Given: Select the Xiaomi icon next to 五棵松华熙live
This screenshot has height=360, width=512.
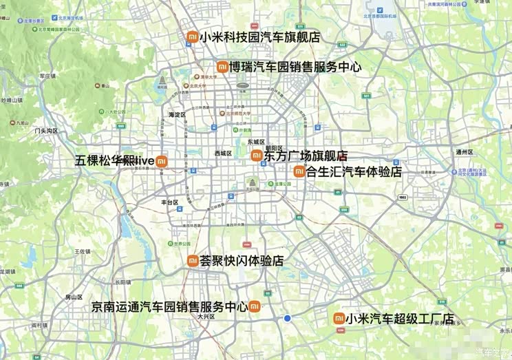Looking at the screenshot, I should pyautogui.click(x=161, y=161).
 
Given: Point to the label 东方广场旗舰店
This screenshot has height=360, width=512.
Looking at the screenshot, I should pyautogui.click(x=306, y=156).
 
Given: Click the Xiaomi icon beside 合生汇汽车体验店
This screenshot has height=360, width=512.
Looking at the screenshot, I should pyautogui.click(x=299, y=171).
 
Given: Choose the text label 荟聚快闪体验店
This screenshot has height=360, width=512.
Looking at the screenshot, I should pyautogui.click(x=242, y=261).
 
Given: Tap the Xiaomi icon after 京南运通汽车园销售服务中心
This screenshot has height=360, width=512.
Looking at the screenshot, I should pyautogui.click(x=254, y=306).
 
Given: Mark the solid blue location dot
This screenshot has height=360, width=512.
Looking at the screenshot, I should pyautogui.click(x=288, y=318).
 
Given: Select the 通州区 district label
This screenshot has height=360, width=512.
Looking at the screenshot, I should pyautogui.click(x=465, y=152).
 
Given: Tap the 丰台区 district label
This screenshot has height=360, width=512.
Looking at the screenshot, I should pyautogui.click(x=169, y=202).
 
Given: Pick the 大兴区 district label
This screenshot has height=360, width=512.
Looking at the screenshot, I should pyautogui.click(x=206, y=317).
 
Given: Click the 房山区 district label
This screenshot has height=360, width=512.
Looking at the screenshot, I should pyautogui.click(x=74, y=297).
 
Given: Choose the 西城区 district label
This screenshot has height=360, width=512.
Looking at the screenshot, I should pyautogui.click(x=223, y=153).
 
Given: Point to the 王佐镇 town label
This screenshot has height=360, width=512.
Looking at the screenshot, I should pyautogui.click(x=83, y=252).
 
